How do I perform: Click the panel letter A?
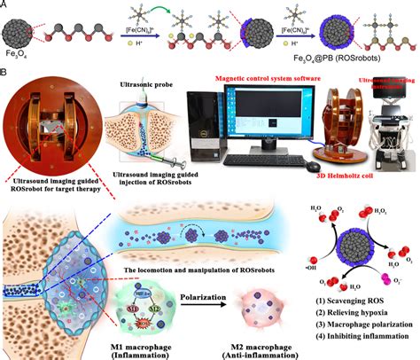click(8, 7)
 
